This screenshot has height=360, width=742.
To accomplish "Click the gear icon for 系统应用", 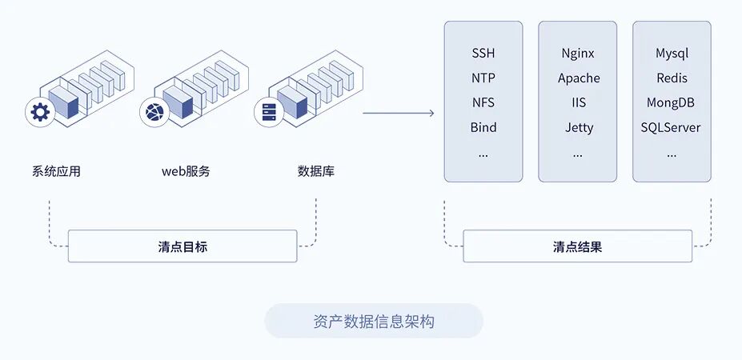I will point(39,113).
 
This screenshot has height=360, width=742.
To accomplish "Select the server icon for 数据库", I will point(267,113).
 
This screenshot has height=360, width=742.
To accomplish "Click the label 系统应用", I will point(56,171).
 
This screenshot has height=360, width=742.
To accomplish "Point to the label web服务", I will point(186,171).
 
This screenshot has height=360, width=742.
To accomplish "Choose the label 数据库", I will point(315,171).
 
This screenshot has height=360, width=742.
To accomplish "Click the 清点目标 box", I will point(182,246).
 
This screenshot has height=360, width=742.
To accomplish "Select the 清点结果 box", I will point(577,246).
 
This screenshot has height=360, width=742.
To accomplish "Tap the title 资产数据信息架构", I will point(374,322).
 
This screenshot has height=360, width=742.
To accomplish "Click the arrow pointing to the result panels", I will point(398,113).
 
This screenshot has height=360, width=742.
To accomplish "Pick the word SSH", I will point(483,54).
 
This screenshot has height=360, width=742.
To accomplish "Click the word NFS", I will point(483,102).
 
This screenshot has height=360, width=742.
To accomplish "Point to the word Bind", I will point(483,127).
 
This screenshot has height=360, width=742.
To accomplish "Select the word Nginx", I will point(578,54).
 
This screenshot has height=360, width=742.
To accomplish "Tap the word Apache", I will point(578,78).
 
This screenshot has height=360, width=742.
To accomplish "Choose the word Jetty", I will point(578,127).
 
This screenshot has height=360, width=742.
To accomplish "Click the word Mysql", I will point(672,54).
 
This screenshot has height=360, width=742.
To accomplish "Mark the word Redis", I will point(672,78).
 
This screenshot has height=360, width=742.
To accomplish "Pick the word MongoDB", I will point(671,102).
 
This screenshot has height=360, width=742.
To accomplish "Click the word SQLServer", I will point(671,127).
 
